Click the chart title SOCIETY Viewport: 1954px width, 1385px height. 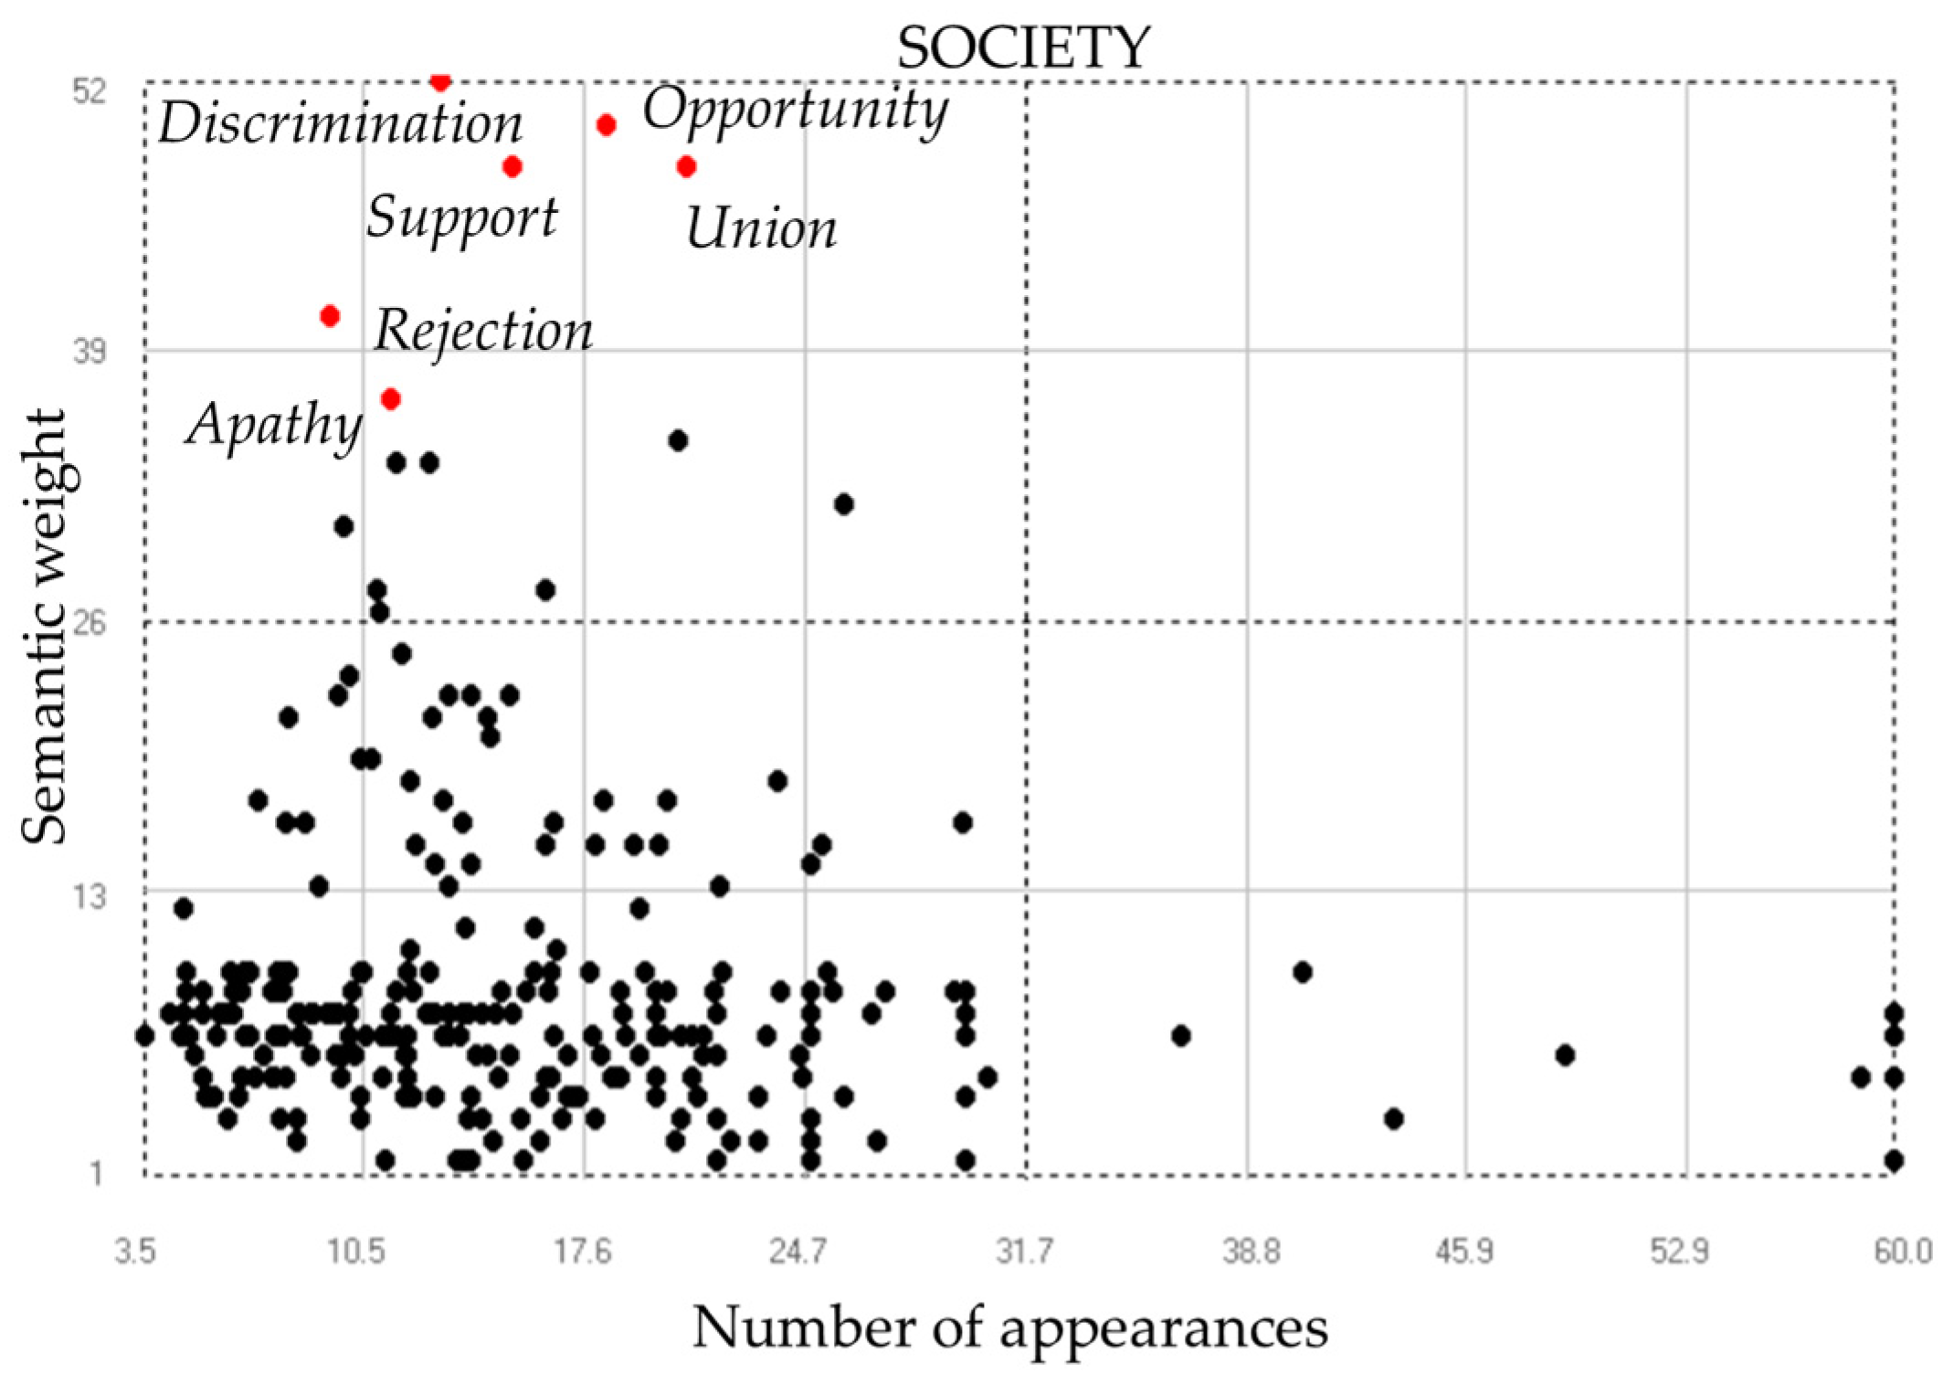1022,48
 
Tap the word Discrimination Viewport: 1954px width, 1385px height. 340,123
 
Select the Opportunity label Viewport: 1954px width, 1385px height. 795,110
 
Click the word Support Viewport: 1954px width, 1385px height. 461,217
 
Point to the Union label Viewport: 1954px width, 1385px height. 760,228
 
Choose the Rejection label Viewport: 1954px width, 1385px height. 483,330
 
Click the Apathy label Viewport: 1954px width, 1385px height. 274,425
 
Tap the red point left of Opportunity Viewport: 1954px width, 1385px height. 606,125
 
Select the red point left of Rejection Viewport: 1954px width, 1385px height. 330,316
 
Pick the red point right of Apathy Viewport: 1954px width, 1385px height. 391,399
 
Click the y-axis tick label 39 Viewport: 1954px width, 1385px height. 90,351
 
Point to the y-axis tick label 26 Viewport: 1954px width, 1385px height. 90,623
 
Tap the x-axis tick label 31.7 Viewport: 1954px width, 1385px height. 1024,1251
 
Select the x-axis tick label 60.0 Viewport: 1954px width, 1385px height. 1903,1251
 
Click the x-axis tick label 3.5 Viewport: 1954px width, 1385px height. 135,1251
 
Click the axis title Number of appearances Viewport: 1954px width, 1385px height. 1009,1327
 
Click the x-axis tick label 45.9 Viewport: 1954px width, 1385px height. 1464,1251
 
